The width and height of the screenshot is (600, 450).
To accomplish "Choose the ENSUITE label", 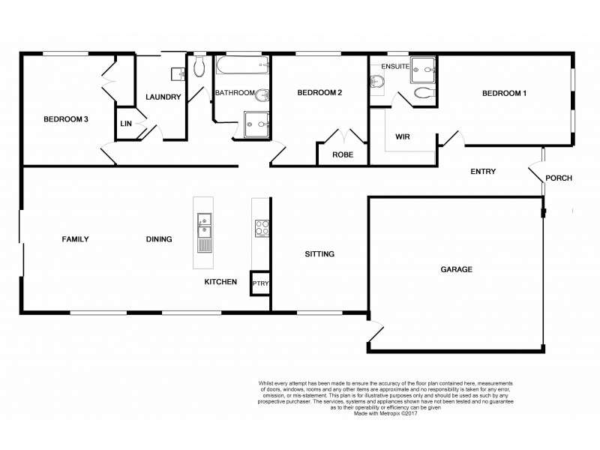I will [x=394, y=67].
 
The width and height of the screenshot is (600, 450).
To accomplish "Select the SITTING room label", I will [x=319, y=254].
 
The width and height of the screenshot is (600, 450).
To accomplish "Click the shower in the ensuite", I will [x=424, y=69].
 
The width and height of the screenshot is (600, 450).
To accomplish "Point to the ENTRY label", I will [x=483, y=172].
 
